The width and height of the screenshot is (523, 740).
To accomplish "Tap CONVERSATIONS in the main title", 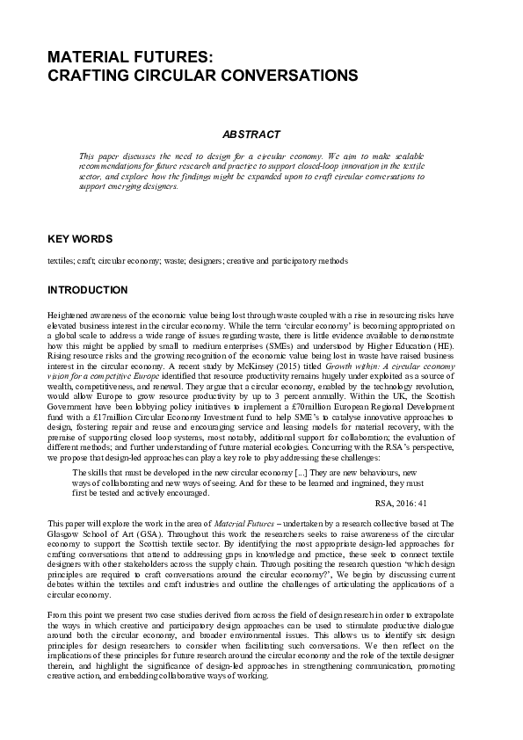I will [296, 76].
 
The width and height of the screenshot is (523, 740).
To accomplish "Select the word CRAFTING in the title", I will [90, 76].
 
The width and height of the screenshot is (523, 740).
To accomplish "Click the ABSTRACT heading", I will [251, 134].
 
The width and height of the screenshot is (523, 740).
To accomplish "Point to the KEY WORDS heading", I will [79, 239].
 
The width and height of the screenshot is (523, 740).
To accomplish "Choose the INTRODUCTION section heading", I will [87, 290].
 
